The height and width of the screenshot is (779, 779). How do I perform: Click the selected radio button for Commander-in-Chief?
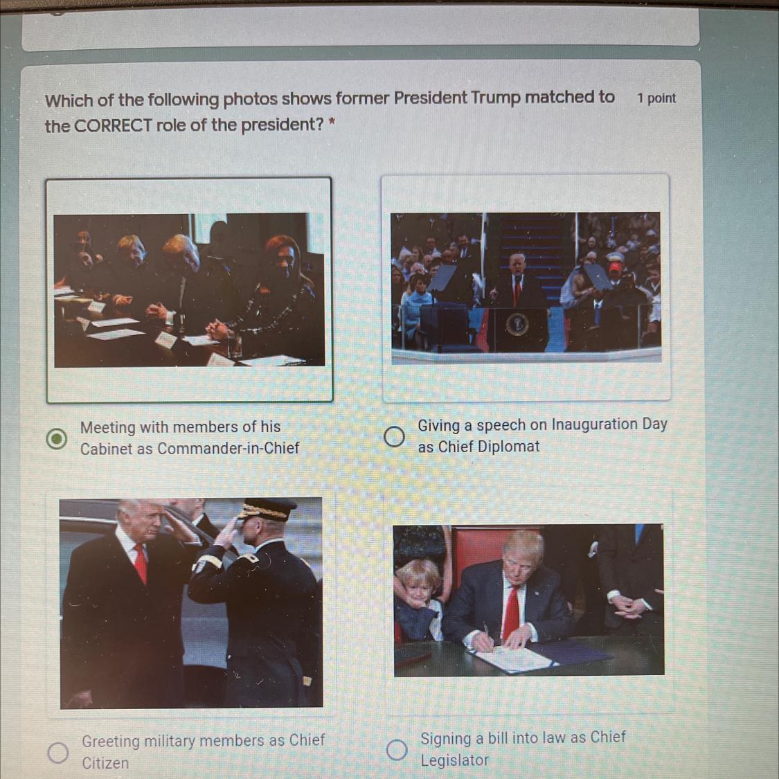tap(57, 438)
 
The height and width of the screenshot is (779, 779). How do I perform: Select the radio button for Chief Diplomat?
tap(394, 437)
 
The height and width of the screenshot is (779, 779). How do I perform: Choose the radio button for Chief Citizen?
tap(58, 753)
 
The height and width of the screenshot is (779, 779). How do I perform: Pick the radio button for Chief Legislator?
tap(397, 750)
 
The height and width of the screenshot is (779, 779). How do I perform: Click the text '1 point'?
tap(656, 98)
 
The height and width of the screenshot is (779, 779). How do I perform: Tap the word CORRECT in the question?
tap(113, 126)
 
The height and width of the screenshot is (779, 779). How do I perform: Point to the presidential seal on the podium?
tap(518, 325)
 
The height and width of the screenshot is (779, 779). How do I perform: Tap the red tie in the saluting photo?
tap(141, 564)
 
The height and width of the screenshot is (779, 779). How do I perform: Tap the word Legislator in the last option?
tap(454, 760)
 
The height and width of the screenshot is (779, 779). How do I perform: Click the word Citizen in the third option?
tap(105, 762)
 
